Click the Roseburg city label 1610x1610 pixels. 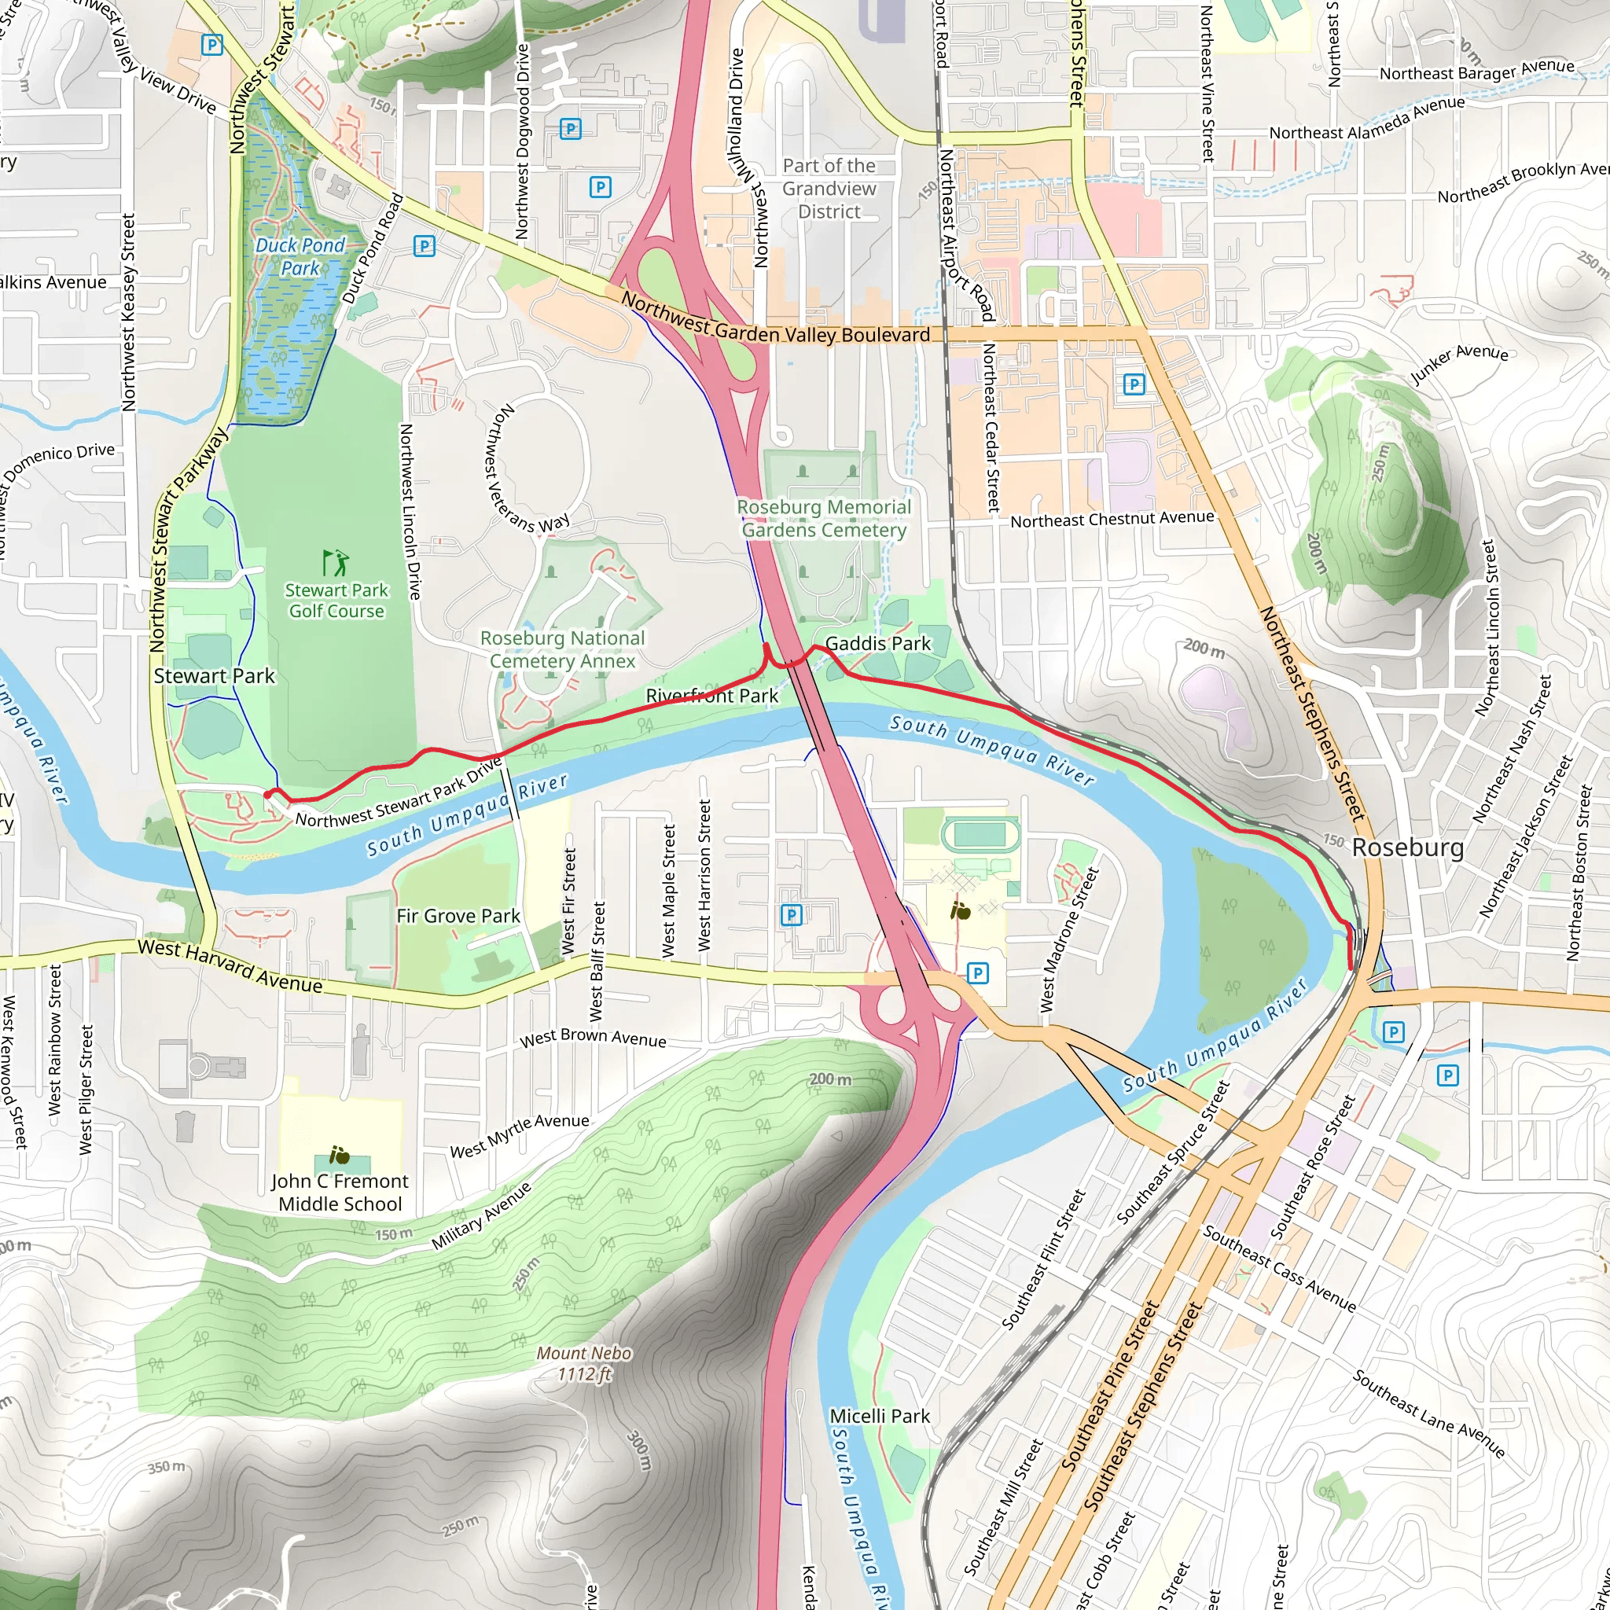(x=1407, y=847)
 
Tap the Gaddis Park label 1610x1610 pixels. (x=877, y=643)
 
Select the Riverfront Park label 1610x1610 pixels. (x=711, y=696)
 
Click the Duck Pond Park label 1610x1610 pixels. (x=300, y=256)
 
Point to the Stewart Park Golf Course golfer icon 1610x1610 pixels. (x=336, y=564)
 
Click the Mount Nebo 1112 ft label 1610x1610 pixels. (x=583, y=1363)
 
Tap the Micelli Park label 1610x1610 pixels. (x=880, y=1416)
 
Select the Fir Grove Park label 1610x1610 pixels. (x=458, y=916)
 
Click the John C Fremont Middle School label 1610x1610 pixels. (x=340, y=1193)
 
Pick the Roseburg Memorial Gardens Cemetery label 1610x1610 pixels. (x=823, y=518)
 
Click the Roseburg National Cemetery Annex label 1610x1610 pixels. (x=563, y=649)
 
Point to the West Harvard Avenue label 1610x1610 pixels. (x=230, y=966)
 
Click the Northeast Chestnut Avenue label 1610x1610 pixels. (x=1112, y=519)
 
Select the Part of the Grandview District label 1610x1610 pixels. (x=829, y=189)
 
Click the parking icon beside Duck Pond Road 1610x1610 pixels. (x=425, y=245)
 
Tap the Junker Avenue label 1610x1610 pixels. (x=1458, y=363)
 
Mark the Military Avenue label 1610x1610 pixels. (x=482, y=1218)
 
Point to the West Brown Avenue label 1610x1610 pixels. (x=594, y=1038)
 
